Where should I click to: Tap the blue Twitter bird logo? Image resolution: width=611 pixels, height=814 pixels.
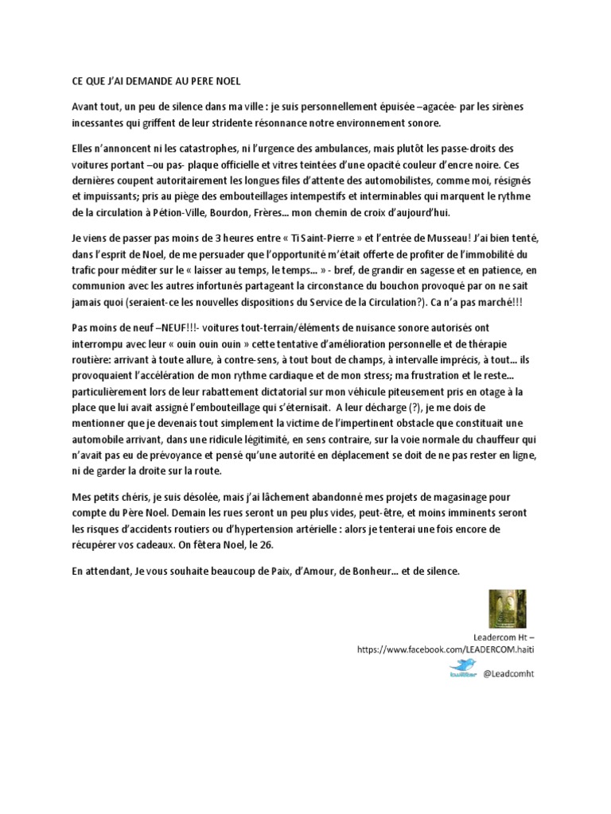point(462,670)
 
